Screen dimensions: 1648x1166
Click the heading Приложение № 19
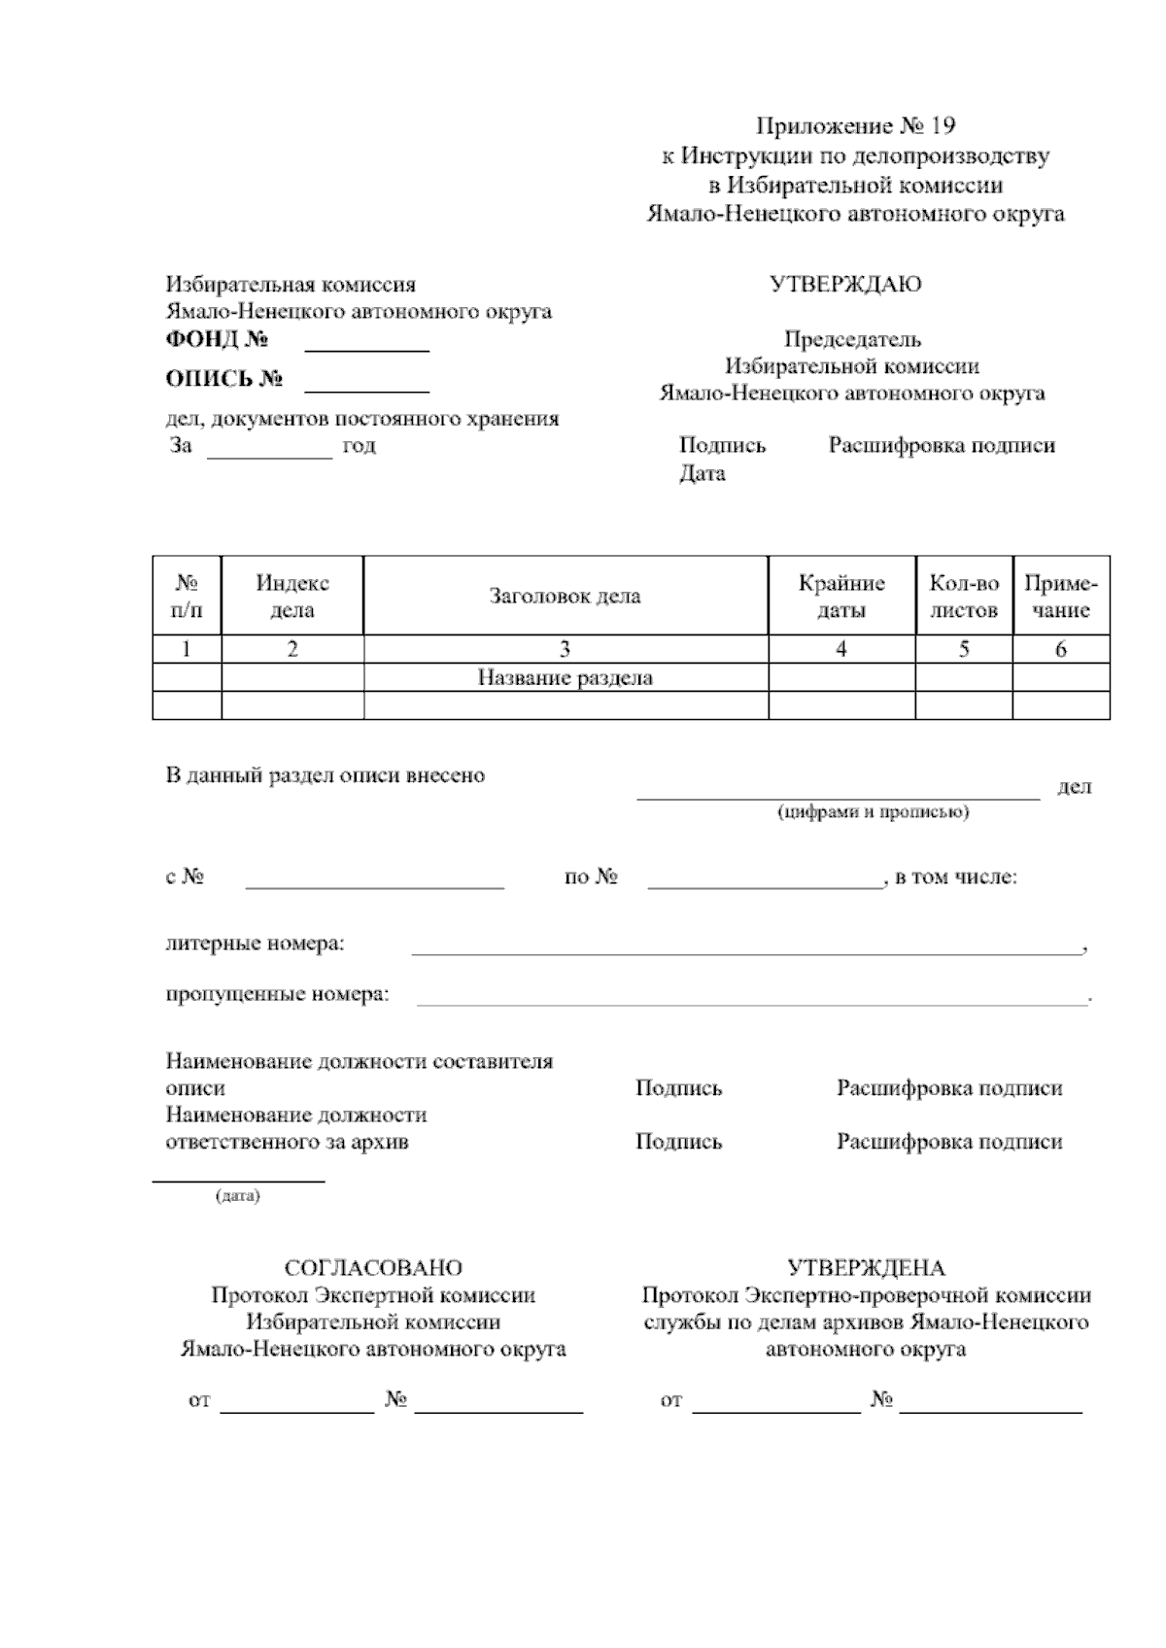[856, 126]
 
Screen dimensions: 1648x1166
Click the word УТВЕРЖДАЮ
[844, 285]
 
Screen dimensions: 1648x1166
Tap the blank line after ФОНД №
[367, 349]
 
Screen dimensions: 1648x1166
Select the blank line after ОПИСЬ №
[367, 390]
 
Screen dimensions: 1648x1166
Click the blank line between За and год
[270, 455]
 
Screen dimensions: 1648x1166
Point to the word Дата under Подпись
[702, 474]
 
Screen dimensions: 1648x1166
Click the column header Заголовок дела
[565, 596]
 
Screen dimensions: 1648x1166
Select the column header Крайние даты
[841, 597]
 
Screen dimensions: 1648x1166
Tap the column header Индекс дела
[292, 597]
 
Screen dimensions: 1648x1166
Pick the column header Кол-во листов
[964, 597]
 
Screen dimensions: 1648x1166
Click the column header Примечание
[1061, 597]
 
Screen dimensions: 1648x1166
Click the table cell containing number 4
[841, 649]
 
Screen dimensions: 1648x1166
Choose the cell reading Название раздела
[565, 677]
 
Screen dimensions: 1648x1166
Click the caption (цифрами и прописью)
[873, 812]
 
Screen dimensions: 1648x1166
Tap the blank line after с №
[374, 885]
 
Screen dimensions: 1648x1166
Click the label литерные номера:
[255, 944]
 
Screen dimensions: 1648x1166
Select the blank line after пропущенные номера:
[752, 1003]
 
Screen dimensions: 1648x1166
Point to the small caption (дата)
[237, 1196]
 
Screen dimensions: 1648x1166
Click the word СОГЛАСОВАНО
[373, 1268]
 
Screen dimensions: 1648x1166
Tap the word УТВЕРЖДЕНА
[865, 1268]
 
